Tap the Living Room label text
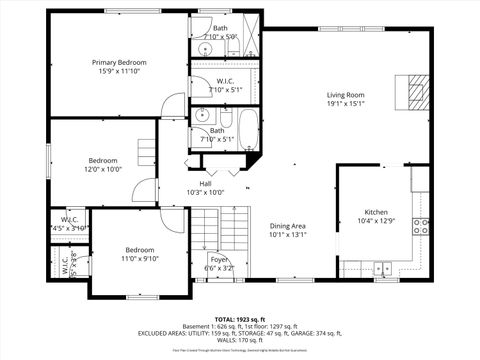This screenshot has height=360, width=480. (346, 96)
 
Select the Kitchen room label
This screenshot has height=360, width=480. (376, 212)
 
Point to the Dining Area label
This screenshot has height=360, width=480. (287, 226)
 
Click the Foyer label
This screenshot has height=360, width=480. (219, 258)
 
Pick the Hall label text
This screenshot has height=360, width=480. (205, 183)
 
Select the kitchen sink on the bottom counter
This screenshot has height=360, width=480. (383, 268)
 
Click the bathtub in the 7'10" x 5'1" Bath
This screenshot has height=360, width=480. (246, 129)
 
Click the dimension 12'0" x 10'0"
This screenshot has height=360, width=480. (104, 169)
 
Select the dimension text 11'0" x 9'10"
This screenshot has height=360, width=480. (139, 258)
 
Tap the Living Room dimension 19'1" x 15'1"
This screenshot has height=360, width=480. (346, 105)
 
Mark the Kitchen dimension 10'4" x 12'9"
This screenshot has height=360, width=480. (376, 221)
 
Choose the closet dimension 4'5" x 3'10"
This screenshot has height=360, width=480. (70, 227)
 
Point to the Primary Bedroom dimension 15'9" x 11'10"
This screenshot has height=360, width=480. (119, 71)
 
